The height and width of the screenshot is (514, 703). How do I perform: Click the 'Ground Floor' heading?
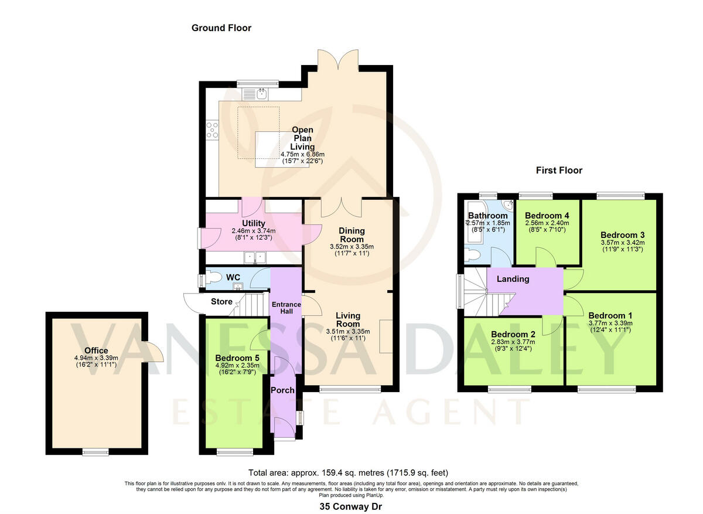[x=221, y=28]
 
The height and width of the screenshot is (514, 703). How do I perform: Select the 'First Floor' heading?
[x=559, y=171]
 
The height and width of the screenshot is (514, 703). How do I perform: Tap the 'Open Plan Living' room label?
[x=302, y=138]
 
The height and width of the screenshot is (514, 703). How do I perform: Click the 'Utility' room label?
[x=254, y=223]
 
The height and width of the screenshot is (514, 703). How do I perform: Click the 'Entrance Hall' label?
[x=285, y=308]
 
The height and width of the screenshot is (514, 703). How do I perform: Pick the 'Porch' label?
[x=282, y=390]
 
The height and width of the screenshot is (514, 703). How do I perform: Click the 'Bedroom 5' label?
[x=233, y=358]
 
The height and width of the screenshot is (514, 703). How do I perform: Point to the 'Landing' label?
[x=513, y=279]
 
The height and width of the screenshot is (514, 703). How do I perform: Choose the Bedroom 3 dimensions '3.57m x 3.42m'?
[x=622, y=243]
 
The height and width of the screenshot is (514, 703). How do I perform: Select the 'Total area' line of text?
[x=351, y=472]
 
